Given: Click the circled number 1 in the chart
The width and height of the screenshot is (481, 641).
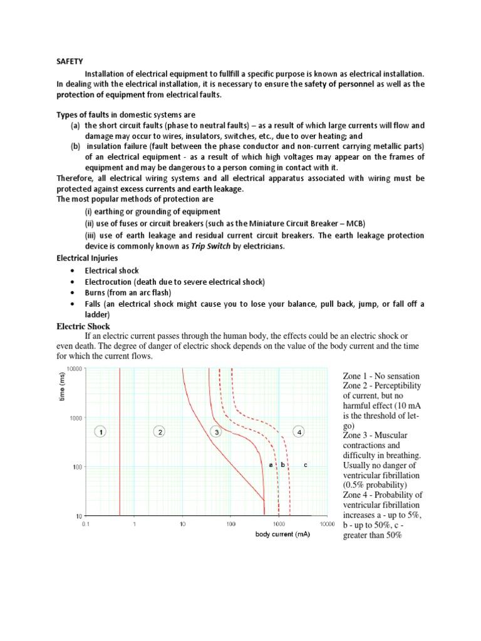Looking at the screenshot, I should pyautogui.click(x=102, y=431).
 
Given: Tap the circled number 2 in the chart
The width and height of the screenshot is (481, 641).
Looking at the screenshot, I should pyautogui.click(x=160, y=431).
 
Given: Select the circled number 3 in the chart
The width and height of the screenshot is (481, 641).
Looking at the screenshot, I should pyautogui.click(x=215, y=431).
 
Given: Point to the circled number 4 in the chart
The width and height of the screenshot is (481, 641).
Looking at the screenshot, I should pyautogui.click(x=299, y=431).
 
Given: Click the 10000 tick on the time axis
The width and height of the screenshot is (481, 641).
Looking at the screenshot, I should pyautogui.click(x=74, y=369).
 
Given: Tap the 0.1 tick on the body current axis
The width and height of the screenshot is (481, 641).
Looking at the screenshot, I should pyautogui.click(x=86, y=525).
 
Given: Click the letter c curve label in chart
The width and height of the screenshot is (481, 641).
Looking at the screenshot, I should pyautogui.click(x=305, y=464).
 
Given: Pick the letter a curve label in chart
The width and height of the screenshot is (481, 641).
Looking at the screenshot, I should pyautogui.click(x=271, y=464).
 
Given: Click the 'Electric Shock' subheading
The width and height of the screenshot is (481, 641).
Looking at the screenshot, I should pyautogui.click(x=83, y=326).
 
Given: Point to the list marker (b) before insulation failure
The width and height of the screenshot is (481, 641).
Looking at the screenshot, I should pyautogui.click(x=75, y=146).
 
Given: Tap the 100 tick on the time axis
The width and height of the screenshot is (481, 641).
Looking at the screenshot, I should pyautogui.click(x=78, y=467).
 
